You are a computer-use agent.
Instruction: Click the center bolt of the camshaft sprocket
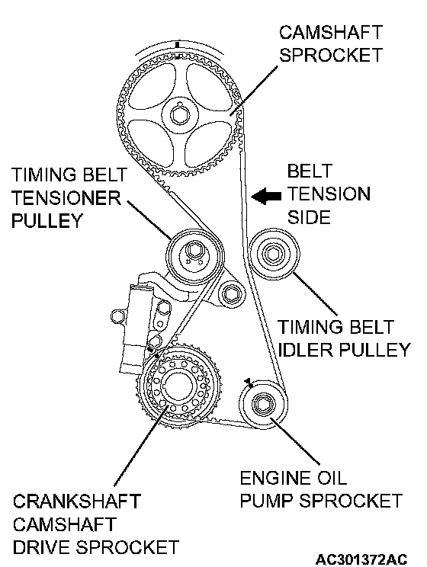180,115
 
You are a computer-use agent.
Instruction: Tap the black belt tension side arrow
266,197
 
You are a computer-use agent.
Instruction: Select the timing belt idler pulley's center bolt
271,254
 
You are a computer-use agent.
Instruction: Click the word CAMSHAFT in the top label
331,32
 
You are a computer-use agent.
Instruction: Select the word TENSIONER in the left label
66,197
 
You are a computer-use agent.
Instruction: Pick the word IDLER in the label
306,350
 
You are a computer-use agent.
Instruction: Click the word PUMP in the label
267,501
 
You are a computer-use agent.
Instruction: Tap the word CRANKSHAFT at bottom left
77,501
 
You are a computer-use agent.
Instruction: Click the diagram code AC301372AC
361,559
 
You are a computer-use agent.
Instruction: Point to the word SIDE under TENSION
309,217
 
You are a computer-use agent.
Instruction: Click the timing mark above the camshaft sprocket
178,44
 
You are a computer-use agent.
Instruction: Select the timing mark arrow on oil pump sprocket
249,382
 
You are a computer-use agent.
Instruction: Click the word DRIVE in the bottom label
43,547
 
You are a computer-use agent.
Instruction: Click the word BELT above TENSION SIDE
310,171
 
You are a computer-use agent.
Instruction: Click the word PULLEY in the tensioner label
47,220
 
